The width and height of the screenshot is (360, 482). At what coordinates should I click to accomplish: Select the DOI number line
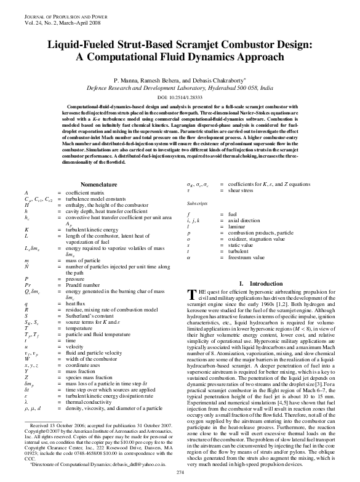pos(180,98)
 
